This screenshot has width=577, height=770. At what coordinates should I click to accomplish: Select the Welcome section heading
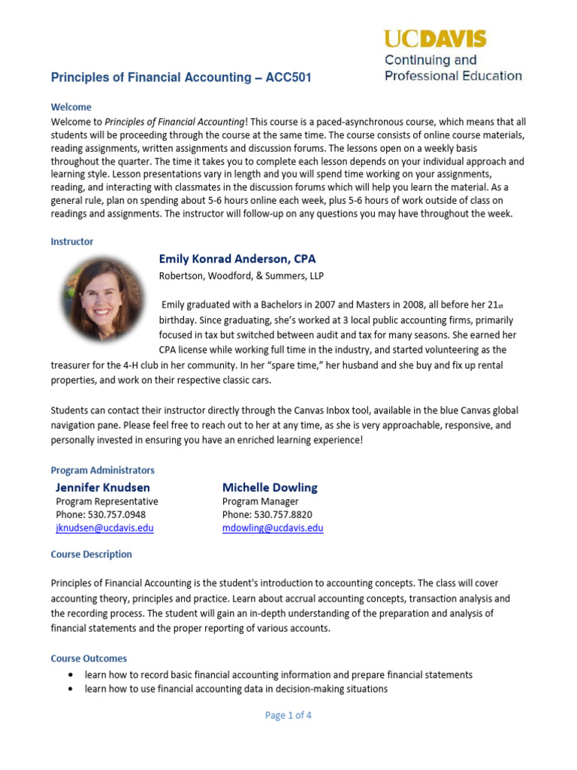(71, 107)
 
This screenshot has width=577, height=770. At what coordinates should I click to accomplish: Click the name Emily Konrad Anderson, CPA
(237, 259)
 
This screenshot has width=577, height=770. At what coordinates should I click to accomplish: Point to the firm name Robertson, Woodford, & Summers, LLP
(241, 276)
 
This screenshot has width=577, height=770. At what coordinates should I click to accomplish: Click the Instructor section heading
(72, 241)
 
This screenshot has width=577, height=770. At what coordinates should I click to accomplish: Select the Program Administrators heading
(102, 470)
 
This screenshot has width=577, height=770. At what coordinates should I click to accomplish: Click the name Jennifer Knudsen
(102, 487)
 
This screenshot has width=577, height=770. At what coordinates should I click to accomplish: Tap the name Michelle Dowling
(270, 487)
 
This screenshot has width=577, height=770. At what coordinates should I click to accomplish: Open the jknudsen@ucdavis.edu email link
(104, 528)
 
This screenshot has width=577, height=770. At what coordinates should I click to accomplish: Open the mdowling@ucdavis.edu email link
(273, 528)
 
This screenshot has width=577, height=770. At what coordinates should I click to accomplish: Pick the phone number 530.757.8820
(283, 514)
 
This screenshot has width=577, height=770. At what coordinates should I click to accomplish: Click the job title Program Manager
(260, 501)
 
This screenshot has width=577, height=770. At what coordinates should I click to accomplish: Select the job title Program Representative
(107, 501)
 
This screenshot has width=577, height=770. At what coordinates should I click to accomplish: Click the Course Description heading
(91, 554)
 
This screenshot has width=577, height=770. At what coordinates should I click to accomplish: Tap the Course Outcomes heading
(89, 658)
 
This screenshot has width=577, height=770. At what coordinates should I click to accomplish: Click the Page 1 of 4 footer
(288, 715)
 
